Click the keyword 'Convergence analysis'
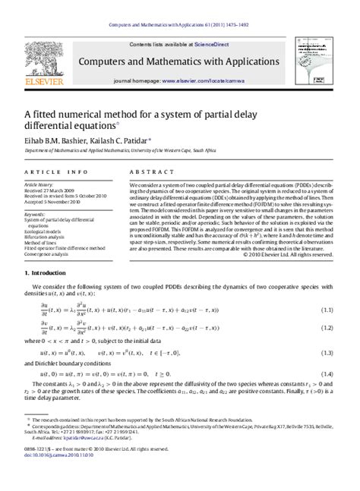pos(49,255)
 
